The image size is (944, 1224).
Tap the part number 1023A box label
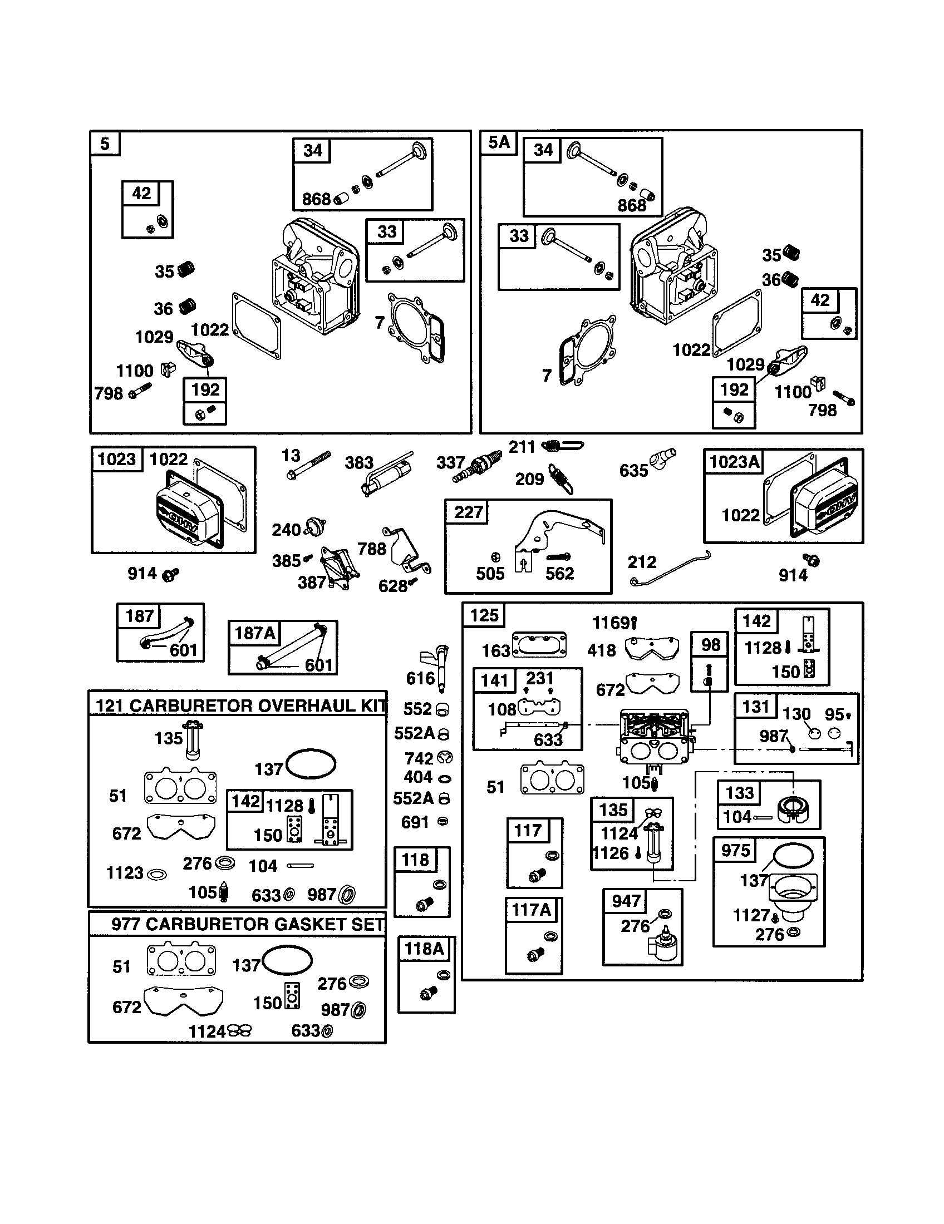[734, 462]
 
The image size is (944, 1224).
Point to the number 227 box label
[469, 512]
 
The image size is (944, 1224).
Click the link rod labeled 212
[671, 569]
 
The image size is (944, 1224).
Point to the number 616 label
[420, 678]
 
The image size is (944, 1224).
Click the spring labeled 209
[561, 478]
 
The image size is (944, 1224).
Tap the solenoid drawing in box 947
[662, 945]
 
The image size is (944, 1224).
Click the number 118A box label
[424, 949]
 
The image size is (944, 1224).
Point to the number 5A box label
[499, 143]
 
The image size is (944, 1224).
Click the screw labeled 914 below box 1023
[170, 574]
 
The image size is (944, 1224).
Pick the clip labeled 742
[445, 758]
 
